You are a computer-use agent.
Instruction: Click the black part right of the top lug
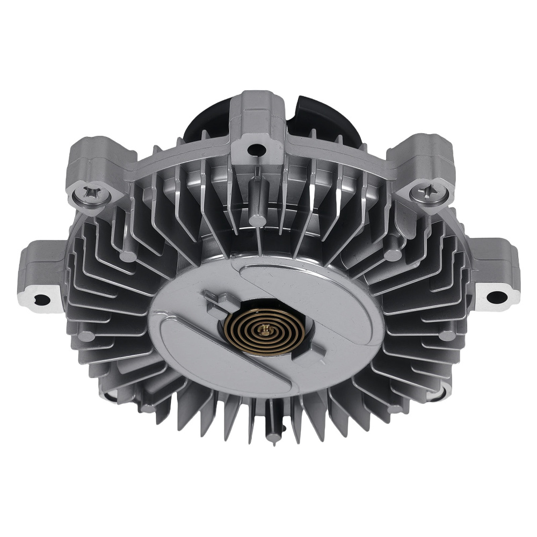[317, 115]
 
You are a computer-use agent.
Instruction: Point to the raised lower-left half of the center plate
[199, 360]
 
